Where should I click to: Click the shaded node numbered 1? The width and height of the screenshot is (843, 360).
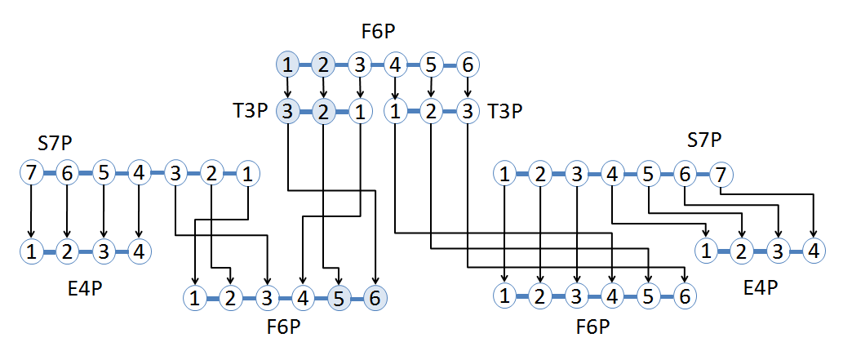(x=287, y=63)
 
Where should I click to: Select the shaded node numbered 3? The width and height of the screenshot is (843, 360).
(x=287, y=111)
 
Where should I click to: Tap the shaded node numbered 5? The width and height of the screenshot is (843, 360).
(x=338, y=298)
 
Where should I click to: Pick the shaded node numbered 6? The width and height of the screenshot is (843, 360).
(x=375, y=298)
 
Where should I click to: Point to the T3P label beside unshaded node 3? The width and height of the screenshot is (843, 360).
(x=503, y=111)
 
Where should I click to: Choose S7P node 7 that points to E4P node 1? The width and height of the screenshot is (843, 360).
(x=30, y=173)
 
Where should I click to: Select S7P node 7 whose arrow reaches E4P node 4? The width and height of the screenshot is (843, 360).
(x=721, y=173)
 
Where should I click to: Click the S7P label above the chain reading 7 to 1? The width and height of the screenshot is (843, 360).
(x=55, y=144)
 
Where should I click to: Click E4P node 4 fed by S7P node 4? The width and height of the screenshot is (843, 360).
(x=139, y=251)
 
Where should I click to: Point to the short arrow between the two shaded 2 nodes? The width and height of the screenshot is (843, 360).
(x=324, y=86)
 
